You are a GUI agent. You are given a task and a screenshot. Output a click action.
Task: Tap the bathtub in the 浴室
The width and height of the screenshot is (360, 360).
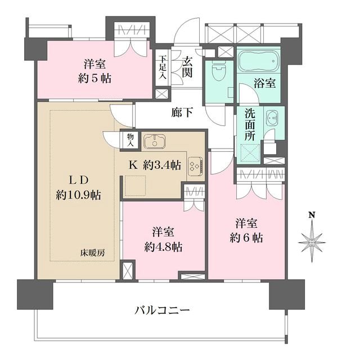click(259, 60)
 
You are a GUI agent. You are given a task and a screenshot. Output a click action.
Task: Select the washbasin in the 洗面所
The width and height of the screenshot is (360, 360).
click(272, 118)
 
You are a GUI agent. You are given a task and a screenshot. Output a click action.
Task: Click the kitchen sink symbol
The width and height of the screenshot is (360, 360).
click(155, 141)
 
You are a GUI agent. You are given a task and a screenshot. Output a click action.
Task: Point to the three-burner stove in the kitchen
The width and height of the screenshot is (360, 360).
click(195, 166)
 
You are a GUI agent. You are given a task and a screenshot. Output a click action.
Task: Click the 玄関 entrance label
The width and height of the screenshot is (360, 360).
click(187, 67)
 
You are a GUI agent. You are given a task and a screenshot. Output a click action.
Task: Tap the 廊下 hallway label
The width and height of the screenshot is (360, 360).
click(182, 112)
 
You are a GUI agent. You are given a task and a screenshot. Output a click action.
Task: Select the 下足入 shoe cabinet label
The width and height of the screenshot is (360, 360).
click(163, 67)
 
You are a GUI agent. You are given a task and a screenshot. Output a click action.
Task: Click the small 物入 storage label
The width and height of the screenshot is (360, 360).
click(130, 140)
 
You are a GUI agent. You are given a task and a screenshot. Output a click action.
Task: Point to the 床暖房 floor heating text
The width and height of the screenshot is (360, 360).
click(92, 253)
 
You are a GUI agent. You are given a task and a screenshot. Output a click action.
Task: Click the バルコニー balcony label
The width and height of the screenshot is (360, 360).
click(162, 311)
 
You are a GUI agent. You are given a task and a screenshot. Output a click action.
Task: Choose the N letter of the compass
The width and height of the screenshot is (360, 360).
click(312, 215)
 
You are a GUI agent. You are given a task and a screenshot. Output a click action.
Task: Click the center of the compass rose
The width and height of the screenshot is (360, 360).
click(312, 242)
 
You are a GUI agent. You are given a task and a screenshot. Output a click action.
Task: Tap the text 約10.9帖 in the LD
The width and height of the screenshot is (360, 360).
click(78, 195)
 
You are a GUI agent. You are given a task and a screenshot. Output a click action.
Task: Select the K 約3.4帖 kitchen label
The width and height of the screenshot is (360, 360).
click(155, 165)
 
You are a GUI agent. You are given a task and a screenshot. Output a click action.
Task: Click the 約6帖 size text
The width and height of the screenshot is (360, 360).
click(246, 238)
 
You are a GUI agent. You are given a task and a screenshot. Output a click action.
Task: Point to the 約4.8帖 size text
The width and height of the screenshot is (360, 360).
click(164, 247)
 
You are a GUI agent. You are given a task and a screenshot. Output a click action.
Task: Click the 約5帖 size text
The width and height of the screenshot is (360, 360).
click(95, 79)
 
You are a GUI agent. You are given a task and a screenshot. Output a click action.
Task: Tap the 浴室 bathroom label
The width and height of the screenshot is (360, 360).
click(264, 83)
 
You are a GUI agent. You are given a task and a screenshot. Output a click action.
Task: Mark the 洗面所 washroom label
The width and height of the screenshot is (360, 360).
click(250, 124)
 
